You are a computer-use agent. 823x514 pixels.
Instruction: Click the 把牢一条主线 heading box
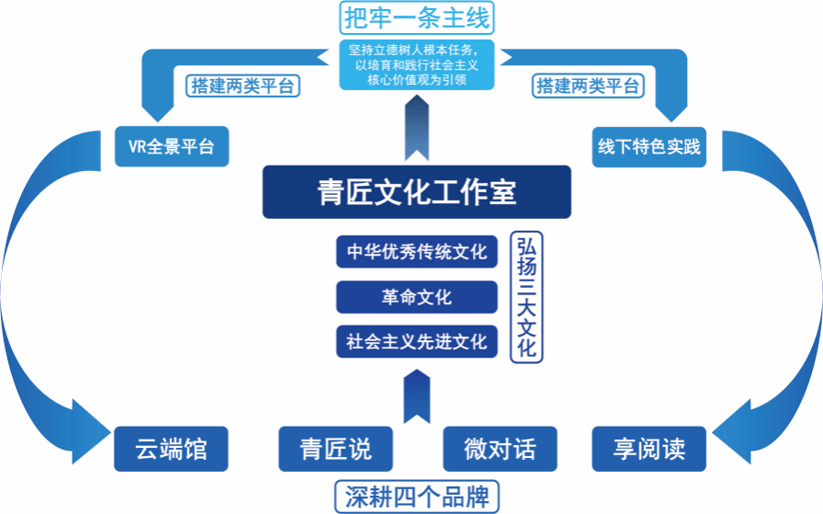click(416, 17)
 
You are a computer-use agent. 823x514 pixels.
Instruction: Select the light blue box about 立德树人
click(416, 63)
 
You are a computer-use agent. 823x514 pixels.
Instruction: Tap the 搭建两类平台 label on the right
click(588, 86)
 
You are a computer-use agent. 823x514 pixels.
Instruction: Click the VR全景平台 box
click(171, 146)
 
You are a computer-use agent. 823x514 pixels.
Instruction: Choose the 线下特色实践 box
click(648, 146)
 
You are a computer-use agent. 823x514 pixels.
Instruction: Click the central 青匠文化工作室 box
click(416, 192)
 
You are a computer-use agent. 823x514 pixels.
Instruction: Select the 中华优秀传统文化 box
click(416, 251)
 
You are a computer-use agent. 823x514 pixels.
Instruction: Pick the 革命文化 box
click(416, 297)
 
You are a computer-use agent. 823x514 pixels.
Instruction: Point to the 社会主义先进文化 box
click(416, 341)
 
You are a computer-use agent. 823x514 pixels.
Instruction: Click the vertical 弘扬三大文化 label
click(525, 296)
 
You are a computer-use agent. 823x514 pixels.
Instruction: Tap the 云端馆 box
click(171, 450)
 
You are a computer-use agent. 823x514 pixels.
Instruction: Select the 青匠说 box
click(336, 450)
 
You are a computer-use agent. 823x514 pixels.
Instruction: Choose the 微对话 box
click(500, 450)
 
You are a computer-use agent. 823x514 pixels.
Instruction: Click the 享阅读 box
click(648, 450)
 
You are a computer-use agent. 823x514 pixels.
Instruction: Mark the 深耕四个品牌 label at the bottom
click(416, 497)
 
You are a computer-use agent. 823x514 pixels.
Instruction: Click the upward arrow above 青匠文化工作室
click(416, 129)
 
